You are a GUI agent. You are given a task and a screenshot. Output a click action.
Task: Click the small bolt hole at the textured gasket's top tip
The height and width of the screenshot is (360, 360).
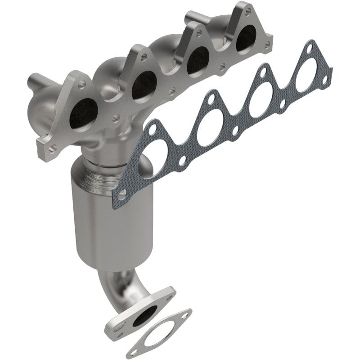point(311,47)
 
